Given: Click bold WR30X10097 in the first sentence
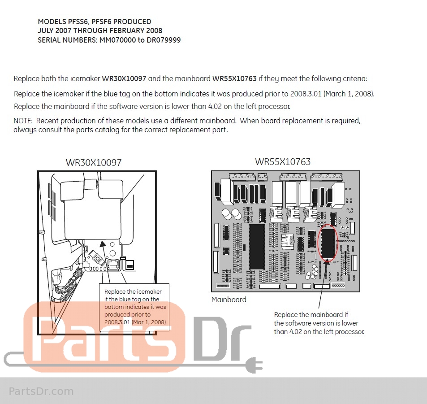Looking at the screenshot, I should click(x=124, y=78).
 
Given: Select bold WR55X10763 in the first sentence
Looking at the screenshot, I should click(x=234, y=78).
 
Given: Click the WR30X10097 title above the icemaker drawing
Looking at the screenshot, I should click(x=94, y=162).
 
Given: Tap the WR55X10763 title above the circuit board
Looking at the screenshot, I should click(x=283, y=161).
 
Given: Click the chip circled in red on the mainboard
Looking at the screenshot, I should click(x=328, y=243).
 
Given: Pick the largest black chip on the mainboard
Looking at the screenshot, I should click(x=257, y=247).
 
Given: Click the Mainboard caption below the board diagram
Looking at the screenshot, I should click(x=229, y=300).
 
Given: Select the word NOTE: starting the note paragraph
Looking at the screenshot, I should click(x=23, y=121).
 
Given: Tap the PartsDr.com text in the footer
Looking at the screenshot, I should click(x=41, y=391).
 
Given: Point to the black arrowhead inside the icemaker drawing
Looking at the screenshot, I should click(x=103, y=243).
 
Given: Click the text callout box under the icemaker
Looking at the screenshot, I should click(x=134, y=307).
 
